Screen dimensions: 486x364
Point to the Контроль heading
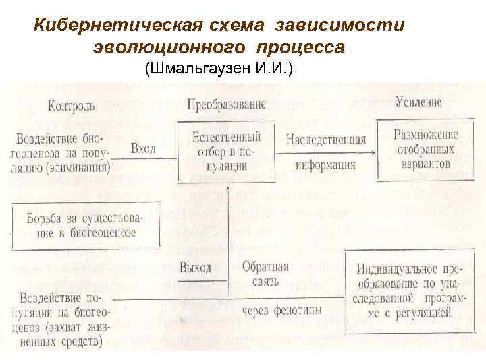click(72, 106)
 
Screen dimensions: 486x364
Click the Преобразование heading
click(226, 105)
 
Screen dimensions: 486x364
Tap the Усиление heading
click(418, 102)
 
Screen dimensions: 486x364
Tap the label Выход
click(196, 268)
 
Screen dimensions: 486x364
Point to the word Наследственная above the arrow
click(325, 140)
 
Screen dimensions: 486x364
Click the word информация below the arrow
click(325, 164)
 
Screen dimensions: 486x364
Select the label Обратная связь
click(265, 274)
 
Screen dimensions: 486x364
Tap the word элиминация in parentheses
click(78, 169)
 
